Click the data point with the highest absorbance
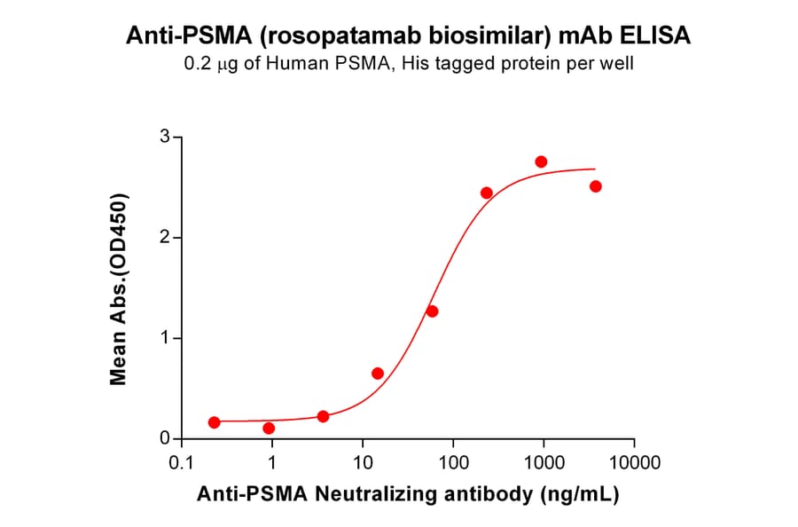[541, 161]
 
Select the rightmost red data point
[596, 186]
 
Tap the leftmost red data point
[214, 422]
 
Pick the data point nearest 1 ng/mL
[269, 429]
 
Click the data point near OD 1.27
[432, 311]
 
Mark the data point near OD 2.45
[486, 193]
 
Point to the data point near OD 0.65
[378, 374]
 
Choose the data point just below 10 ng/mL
[323, 416]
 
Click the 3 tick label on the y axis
[165, 137]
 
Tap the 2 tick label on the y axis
[165, 238]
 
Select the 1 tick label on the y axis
[165, 338]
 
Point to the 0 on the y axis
[165, 438]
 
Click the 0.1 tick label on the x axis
[181, 463]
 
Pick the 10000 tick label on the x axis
[634, 463]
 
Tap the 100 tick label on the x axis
[452, 463]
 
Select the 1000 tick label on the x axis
[543, 463]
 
